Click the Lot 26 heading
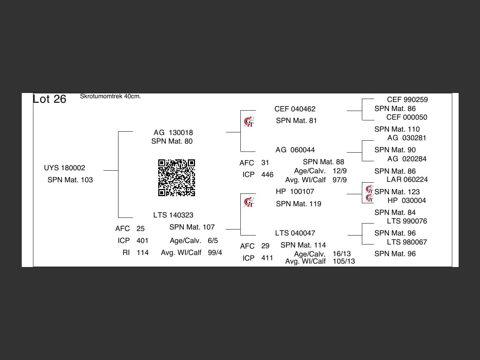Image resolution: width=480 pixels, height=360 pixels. pyautogui.click(x=49, y=99)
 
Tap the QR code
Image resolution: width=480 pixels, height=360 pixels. pyautogui.click(x=176, y=178)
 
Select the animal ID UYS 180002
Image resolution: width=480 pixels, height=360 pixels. pyautogui.click(x=64, y=168)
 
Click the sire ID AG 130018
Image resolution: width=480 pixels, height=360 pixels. pyautogui.click(x=173, y=133)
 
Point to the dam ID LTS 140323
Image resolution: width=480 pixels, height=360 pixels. pyautogui.click(x=173, y=215)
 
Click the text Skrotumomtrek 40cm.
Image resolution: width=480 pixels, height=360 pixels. pyautogui.click(x=110, y=96)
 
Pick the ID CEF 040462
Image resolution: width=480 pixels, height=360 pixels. pyautogui.click(x=295, y=109)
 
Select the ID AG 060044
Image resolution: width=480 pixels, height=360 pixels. pyautogui.click(x=295, y=150)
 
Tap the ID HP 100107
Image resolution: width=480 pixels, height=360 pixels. pyautogui.click(x=295, y=192)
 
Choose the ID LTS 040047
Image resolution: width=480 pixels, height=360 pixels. pyautogui.click(x=295, y=233)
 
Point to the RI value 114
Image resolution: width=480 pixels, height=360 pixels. pyautogui.click(x=142, y=253)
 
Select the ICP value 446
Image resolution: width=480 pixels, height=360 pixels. pyautogui.click(x=267, y=175)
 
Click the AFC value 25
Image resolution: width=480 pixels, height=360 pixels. pyautogui.click(x=141, y=229)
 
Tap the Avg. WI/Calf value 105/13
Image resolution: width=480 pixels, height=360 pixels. pyautogui.click(x=343, y=261)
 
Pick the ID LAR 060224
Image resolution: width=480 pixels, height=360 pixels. pyautogui.click(x=407, y=180)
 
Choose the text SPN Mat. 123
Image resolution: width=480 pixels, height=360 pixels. pyautogui.click(x=397, y=192)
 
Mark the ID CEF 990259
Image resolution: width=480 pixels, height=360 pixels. pyautogui.click(x=407, y=100)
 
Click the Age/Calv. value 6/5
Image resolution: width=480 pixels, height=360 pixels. pyautogui.click(x=213, y=241)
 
